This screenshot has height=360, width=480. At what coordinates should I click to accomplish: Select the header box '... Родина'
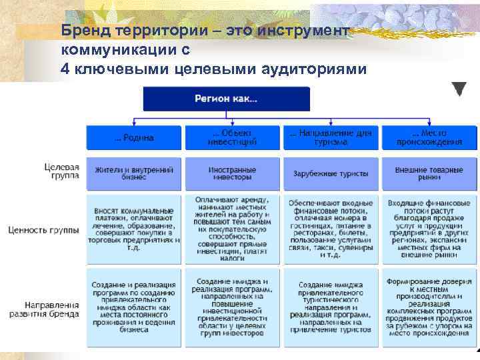134,138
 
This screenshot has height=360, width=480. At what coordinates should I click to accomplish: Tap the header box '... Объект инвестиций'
232,138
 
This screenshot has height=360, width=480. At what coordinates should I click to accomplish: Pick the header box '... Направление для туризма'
330,138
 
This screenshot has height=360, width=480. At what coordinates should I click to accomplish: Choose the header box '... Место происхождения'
429,138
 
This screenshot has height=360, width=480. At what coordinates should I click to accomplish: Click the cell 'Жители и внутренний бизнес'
134,173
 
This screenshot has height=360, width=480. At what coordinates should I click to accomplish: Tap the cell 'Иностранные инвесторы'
232,173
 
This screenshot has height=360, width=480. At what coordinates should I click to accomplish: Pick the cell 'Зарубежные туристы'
330,173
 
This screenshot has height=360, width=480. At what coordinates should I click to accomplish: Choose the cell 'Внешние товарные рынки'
429,173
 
